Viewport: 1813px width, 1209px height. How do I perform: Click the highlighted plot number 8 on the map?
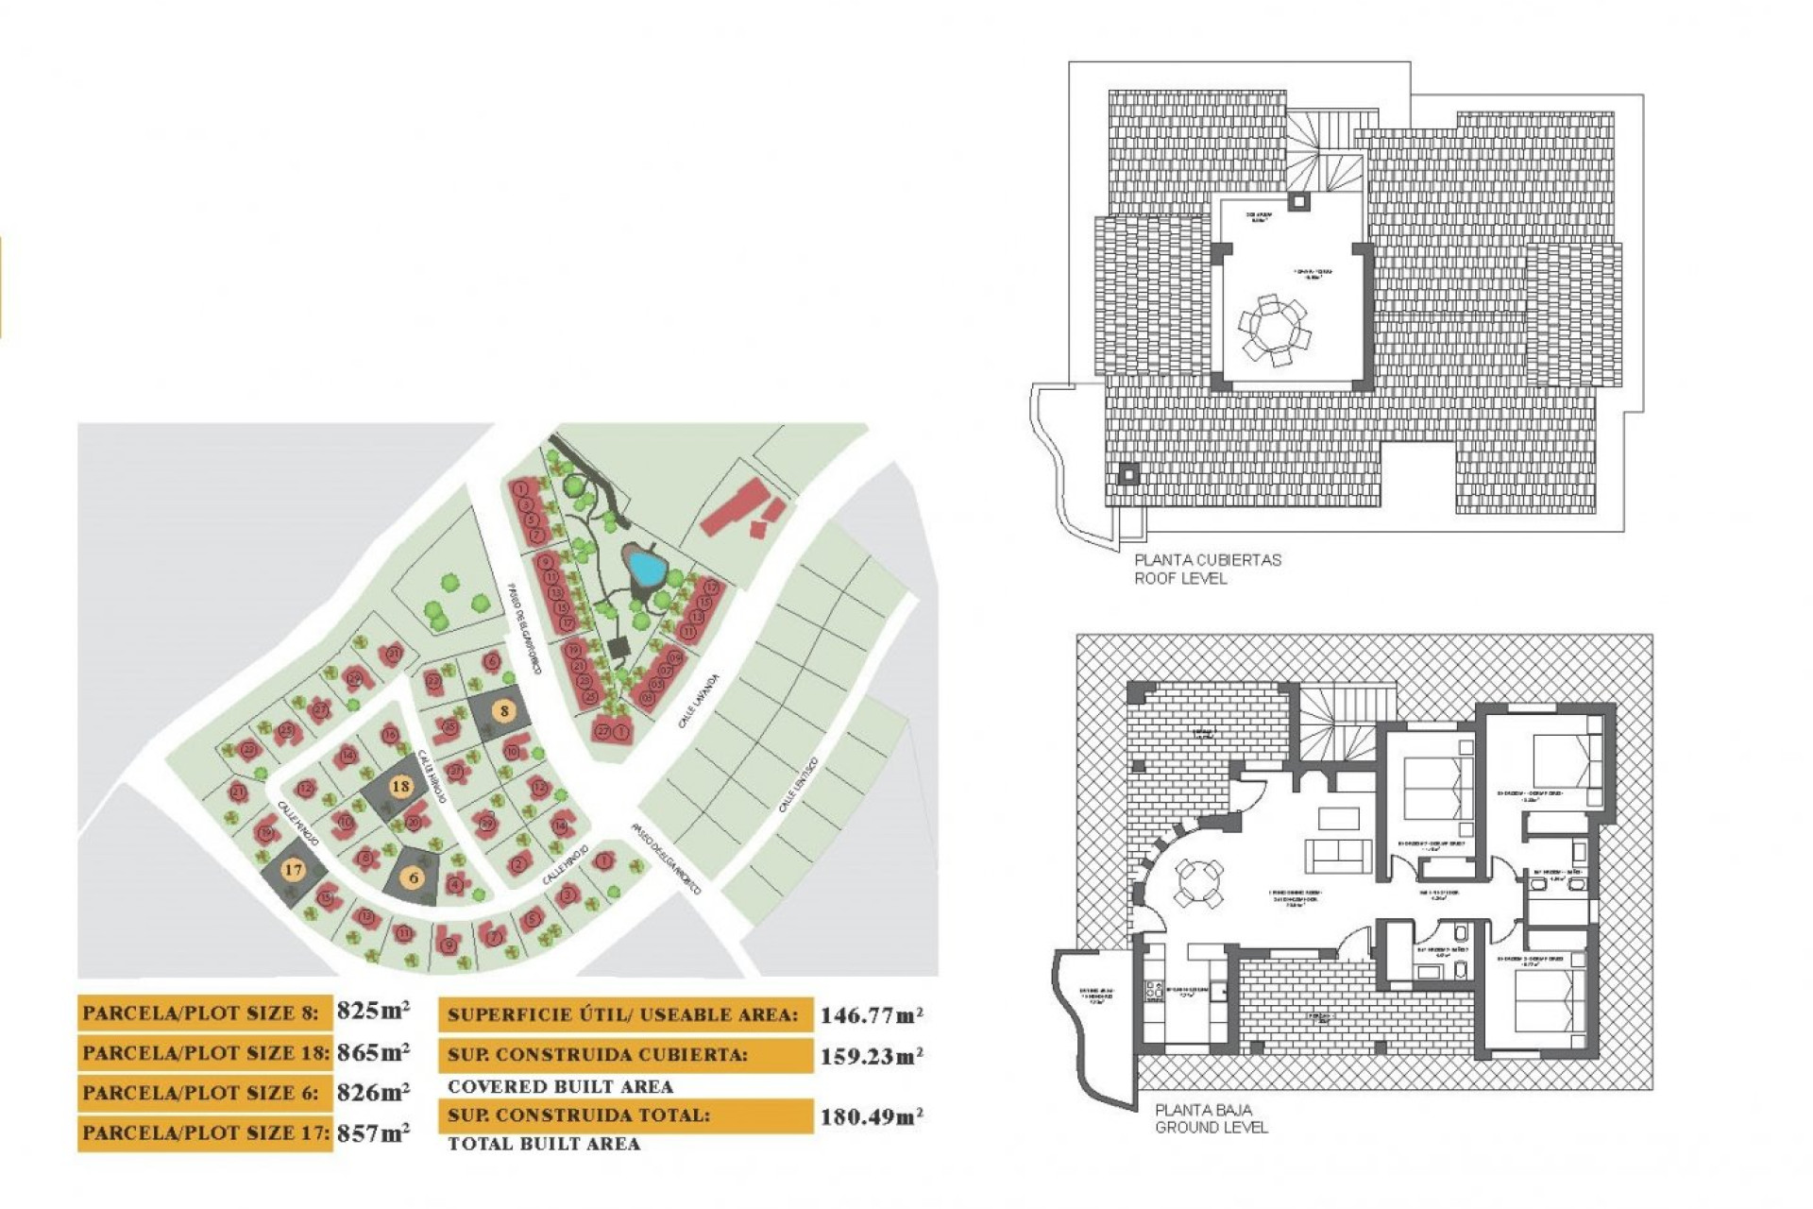click(505, 711)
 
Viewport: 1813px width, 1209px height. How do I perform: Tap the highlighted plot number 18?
click(400, 786)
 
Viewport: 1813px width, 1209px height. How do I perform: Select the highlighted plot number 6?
click(414, 877)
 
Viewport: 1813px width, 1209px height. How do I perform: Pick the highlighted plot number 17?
click(293, 870)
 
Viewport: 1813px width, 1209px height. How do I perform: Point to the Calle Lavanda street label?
click(699, 701)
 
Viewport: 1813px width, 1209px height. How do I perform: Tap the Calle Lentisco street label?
click(798, 785)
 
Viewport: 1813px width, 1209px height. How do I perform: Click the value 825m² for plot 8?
click(373, 1011)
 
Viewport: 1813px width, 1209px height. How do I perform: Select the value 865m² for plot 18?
click(373, 1051)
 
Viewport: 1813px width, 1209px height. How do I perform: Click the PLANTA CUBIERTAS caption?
click(1208, 559)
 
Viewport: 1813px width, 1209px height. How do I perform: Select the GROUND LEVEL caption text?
click(1211, 1127)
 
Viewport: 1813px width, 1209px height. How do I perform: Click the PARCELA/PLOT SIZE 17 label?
click(205, 1132)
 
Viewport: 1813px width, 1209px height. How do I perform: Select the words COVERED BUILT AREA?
click(560, 1086)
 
